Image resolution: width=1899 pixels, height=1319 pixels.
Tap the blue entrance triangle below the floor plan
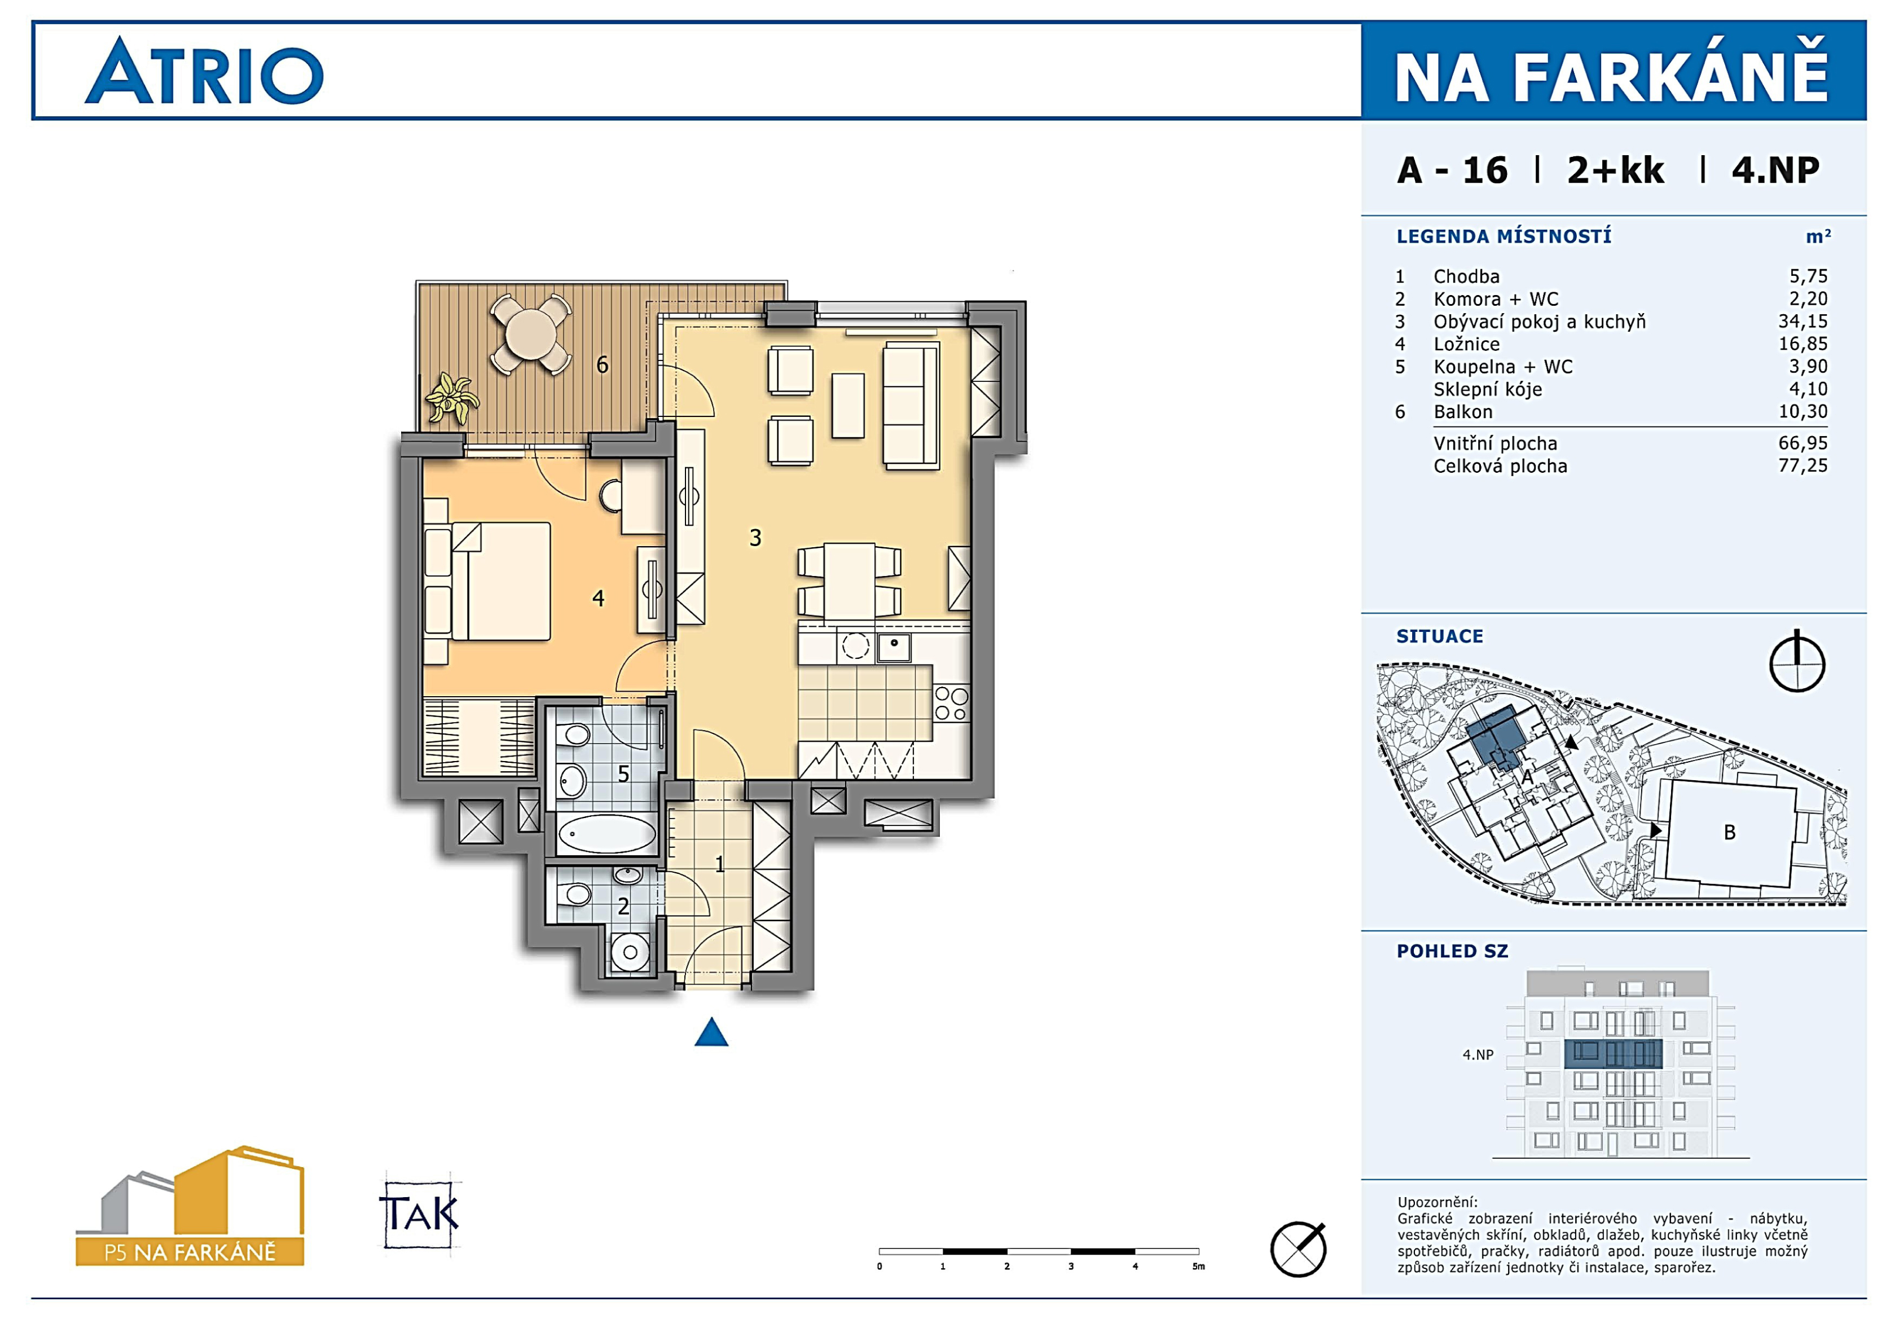point(711,1032)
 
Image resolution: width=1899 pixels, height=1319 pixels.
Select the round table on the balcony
point(530,335)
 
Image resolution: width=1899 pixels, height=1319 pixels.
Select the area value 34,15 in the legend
point(1803,322)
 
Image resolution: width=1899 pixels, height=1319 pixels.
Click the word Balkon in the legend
point(1463,412)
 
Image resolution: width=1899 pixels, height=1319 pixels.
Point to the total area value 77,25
point(1803,465)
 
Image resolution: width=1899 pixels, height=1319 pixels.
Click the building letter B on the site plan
point(1729,832)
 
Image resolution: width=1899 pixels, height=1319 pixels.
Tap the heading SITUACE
point(1440,636)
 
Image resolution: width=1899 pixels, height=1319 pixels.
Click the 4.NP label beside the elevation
point(1478,1054)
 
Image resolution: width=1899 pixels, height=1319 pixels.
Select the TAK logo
point(419,1213)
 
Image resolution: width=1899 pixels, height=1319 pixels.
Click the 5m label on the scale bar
point(1198,1266)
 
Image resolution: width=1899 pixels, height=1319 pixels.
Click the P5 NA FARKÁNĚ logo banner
point(190,1252)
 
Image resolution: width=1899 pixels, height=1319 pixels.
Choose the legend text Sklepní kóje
point(1488,389)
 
